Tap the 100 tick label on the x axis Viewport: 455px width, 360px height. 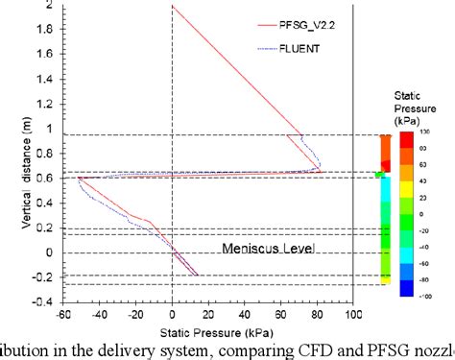click(x=353, y=314)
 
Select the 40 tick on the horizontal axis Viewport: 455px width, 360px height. click(x=245, y=314)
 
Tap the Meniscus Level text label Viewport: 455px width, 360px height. click(x=268, y=248)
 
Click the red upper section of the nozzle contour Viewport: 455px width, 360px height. click(x=385, y=152)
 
